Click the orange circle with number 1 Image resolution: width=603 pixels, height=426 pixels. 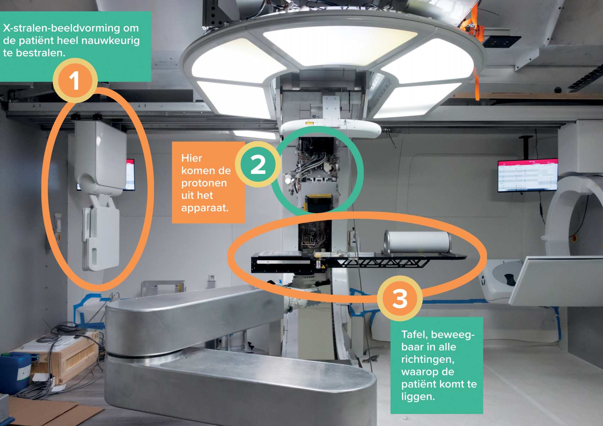tap(75, 80)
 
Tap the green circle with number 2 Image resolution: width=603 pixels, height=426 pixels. tap(258, 164)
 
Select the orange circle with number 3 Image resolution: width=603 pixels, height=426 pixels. tap(400, 298)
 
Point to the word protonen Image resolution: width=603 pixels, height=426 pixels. tap(204, 183)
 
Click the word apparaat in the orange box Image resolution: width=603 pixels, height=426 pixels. tap(204, 208)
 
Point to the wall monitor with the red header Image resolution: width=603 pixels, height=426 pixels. tap(528, 175)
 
